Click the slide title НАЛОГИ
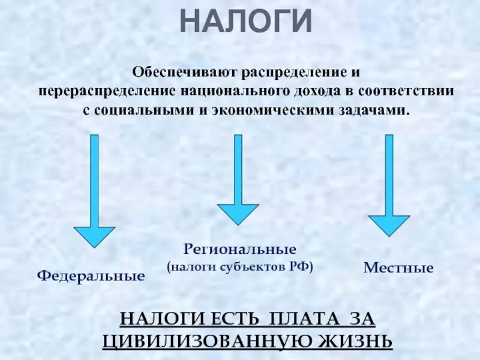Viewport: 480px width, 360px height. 247,22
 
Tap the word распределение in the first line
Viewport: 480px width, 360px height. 290,73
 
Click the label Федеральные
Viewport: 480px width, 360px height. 91,276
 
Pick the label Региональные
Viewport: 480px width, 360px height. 240,248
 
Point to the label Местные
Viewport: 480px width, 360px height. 398,268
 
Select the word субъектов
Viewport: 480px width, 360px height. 258,266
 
